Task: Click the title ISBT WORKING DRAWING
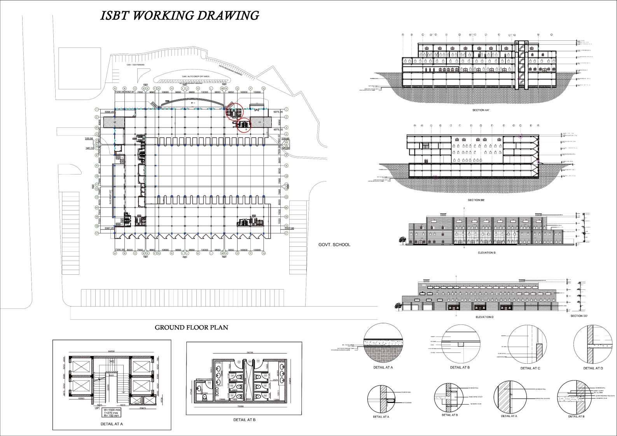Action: pyautogui.click(x=180, y=16)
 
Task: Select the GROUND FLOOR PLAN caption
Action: pyautogui.click(x=191, y=327)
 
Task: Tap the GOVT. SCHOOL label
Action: pyautogui.click(x=334, y=244)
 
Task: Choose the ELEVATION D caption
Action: pyautogui.click(x=484, y=317)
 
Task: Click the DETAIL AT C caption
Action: pyautogui.click(x=530, y=368)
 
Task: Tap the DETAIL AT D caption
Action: pyautogui.click(x=593, y=368)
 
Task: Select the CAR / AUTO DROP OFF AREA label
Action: pyautogui.click(x=196, y=77)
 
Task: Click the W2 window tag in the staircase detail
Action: pyautogui.click(x=112, y=361)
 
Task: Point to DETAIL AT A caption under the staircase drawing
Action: pyautogui.click(x=112, y=424)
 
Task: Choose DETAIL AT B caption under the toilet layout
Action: pyautogui.click(x=244, y=420)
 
